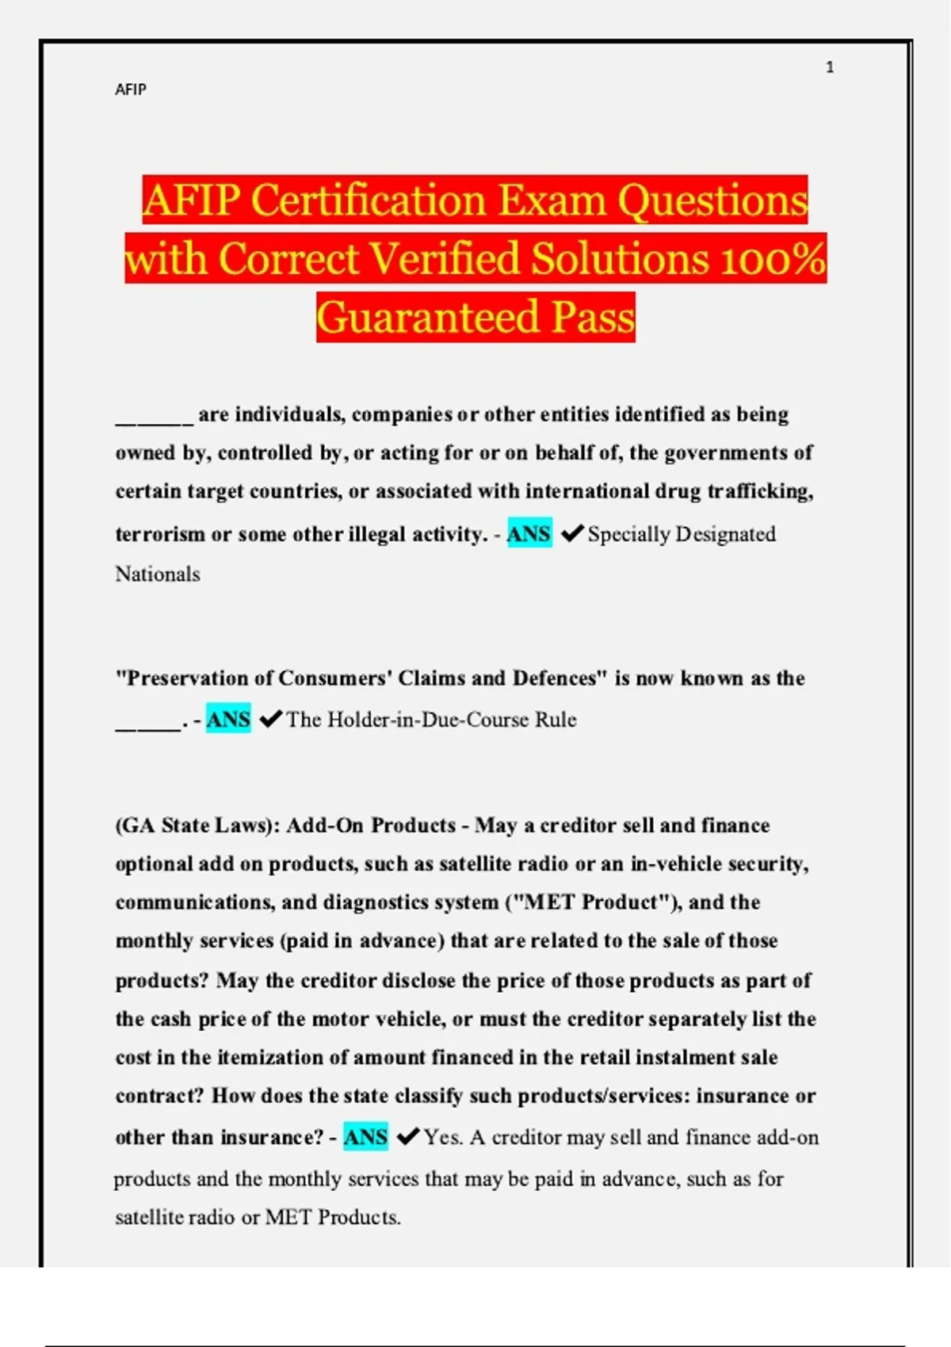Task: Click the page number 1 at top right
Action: (830, 67)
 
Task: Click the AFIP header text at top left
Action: (131, 90)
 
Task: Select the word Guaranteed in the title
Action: (428, 317)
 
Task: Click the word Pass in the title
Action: (594, 317)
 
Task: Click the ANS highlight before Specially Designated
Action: (529, 534)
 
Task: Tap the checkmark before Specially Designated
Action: (571, 534)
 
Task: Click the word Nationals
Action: (158, 574)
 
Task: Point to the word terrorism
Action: (160, 534)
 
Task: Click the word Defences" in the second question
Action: (560, 678)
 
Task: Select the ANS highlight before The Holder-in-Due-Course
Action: (228, 719)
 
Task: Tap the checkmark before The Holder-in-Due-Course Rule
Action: (271, 719)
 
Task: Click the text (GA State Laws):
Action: (198, 826)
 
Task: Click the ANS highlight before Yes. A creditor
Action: (365, 1137)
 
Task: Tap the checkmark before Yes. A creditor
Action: (407, 1137)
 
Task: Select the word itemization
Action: (282, 1057)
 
